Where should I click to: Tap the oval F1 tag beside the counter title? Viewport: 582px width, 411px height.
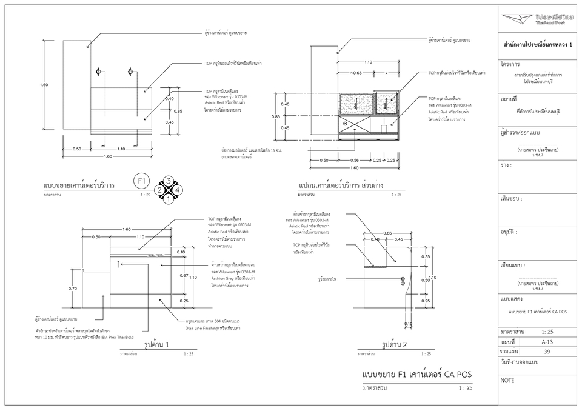pyautogui.click(x=142, y=181)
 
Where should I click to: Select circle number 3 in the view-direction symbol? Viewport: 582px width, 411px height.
pyautogui.click(x=169, y=181)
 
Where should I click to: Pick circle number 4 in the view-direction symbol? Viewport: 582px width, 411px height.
pyautogui.click(x=178, y=190)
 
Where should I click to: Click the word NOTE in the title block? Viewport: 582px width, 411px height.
pyautogui.click(x=507, y=380)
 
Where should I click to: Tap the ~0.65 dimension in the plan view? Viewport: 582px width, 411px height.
pyautogui.click(x=356, y=73)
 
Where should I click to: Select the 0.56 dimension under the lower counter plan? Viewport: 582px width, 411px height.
pyautogui.click(x=355, y=160)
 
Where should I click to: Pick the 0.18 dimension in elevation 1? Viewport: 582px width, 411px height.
pyautogui.click(x=181, y=251)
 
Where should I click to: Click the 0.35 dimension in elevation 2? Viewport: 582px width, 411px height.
pyautogui.click(x=426, y=257)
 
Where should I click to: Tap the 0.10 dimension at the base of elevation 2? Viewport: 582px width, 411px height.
pyautogui.click(x=408, y=324)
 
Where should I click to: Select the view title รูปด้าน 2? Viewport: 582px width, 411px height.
pyautogui.click(x=395, y=345)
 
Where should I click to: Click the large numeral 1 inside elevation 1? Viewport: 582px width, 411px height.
pyautogui.click(x=119, y=264)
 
